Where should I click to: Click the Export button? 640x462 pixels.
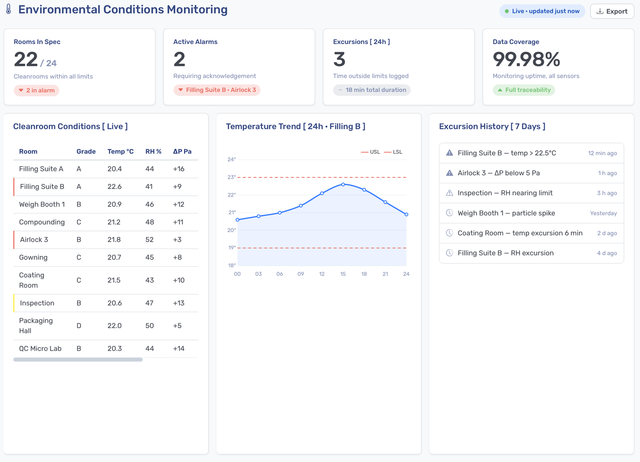click(612, 12)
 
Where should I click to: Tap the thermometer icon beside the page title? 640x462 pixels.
click(8, 9)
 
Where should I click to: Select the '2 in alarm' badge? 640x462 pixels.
click(36, 90)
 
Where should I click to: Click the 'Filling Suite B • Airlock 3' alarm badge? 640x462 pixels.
click(217, 90)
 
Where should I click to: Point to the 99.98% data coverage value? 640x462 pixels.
click(526, 59)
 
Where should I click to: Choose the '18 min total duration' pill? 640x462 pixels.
click(372, 90)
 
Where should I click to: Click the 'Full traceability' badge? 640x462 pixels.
click(524, 90)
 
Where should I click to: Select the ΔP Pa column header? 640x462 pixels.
click(182, 151)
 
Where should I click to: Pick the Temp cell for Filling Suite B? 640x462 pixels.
click(114, 187)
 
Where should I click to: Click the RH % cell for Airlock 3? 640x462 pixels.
click(150, 239)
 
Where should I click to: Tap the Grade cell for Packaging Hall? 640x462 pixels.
click(79, 325)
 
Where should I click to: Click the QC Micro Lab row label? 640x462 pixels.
click(40, 348)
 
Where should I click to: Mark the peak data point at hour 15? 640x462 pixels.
click(343, 185)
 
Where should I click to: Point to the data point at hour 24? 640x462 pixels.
click(406, 215)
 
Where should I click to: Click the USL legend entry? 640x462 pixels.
click(370, 152)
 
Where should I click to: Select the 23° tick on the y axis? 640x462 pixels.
click(232, 177)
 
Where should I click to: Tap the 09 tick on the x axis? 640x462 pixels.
click(300, 274)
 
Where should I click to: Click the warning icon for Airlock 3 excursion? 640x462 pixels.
click(450, 173)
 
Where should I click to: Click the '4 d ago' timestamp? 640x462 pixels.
click(607, 253)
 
